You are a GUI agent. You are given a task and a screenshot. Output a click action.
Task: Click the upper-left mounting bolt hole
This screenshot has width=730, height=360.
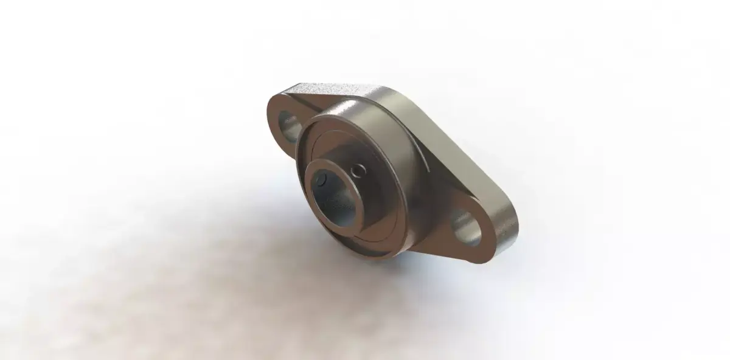288,122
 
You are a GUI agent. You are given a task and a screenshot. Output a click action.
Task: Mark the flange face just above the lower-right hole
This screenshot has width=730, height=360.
462,204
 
